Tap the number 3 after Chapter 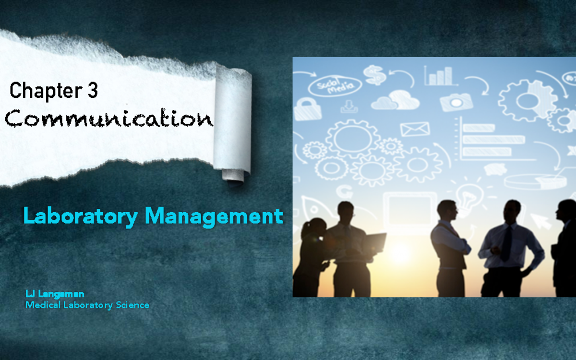[x=93, y=90]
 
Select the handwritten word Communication [x=109, y=118]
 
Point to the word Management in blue [x=214, y=216]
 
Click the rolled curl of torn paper [x=233, y=125]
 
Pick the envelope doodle [x=414, y=129]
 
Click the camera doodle [x=456, y=101]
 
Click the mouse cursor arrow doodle [x=541, y=221]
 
